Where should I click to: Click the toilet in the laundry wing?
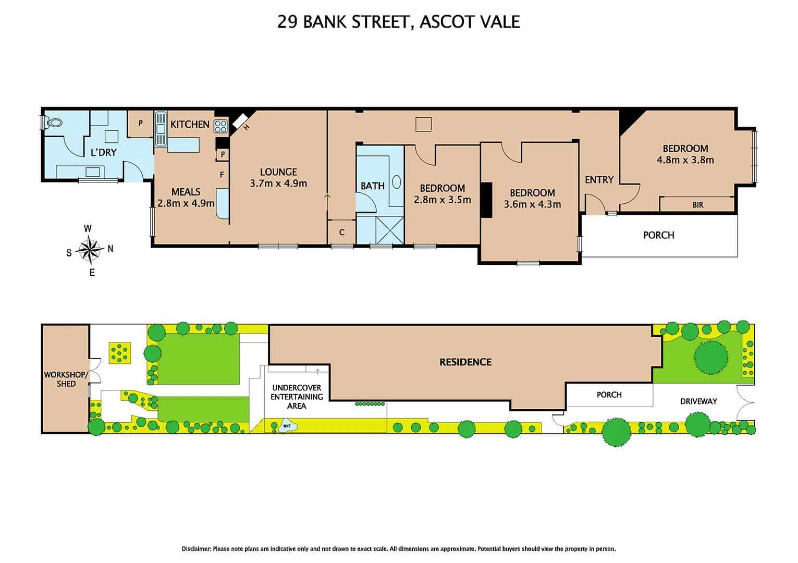[54, 123]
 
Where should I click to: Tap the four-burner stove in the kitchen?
[220, 126]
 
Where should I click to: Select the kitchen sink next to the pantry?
[161, 129]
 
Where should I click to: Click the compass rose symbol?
[90, 250]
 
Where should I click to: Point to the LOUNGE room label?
[278, 172]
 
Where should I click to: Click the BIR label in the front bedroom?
[697, 205]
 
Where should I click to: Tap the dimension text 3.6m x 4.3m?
[532, 204]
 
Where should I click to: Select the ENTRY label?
[599, 180]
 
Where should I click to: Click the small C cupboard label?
[342, 232]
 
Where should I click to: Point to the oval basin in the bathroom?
[396, 182]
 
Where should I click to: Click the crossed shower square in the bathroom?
[389, 230]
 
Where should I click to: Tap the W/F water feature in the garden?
[287, 426]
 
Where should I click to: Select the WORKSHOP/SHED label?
[66, 379]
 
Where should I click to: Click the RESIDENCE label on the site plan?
[465, 362]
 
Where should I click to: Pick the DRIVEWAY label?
[698, 401]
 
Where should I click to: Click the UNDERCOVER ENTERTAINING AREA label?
[297, 397]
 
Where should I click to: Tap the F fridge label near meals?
[222, 175]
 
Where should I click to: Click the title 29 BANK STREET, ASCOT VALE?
[398, 22]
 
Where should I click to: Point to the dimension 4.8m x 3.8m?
[685, 160]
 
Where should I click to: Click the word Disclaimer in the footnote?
[197, 548]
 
